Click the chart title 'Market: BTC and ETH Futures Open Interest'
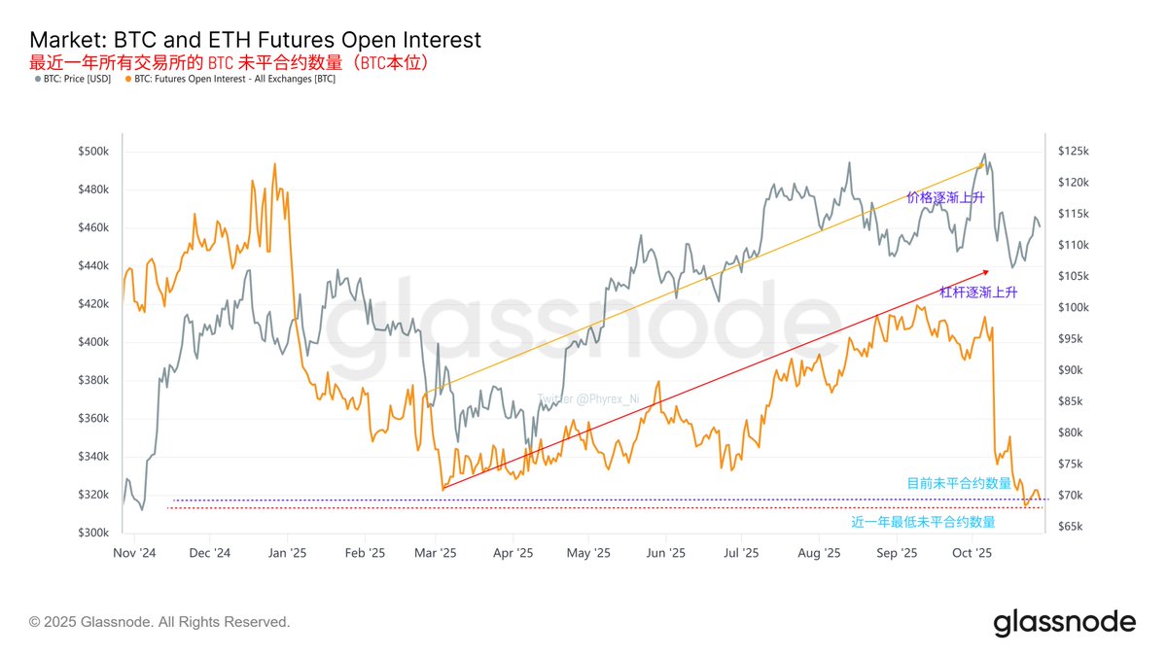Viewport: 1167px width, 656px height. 255,40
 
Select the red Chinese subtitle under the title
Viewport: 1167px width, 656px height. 230,62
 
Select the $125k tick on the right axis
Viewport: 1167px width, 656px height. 1076,152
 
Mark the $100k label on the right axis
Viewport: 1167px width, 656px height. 1076,308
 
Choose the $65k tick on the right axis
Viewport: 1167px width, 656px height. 1074,527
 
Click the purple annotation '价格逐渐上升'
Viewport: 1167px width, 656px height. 945,197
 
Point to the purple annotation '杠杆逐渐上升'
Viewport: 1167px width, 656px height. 978,292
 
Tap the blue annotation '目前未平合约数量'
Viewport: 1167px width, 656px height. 959,482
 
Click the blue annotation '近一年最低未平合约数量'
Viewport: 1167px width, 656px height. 923,522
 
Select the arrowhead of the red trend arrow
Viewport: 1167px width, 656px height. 985,271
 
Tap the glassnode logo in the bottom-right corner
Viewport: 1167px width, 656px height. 1064,622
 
